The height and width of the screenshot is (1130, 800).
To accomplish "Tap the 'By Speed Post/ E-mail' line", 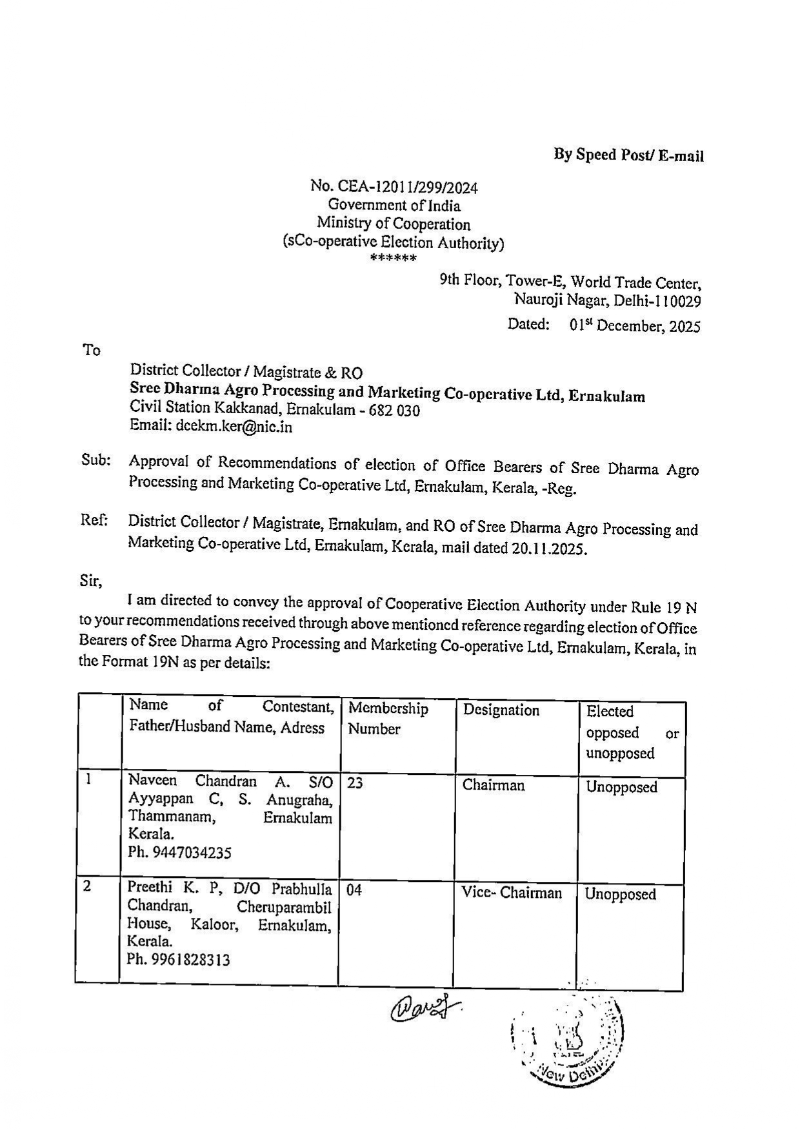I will [628, 155].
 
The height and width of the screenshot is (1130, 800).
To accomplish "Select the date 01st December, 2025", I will [635, 326].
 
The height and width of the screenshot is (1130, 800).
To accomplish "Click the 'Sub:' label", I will [96, 460].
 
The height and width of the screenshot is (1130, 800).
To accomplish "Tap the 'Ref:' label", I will [94, 520].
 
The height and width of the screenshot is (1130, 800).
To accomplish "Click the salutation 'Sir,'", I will [91, 581].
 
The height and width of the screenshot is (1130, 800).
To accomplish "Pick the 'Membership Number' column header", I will [388, 718].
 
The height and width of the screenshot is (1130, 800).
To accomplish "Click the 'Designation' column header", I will [501, 710].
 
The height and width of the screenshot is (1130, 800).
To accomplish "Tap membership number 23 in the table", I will [355, 783].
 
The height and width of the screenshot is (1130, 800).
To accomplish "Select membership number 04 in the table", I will [354, 891].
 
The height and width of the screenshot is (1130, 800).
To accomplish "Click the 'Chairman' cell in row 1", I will [494, 786].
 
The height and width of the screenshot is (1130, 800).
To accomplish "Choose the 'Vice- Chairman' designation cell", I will [512, 893].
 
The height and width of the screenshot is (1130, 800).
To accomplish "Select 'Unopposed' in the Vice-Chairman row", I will [620, 894].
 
